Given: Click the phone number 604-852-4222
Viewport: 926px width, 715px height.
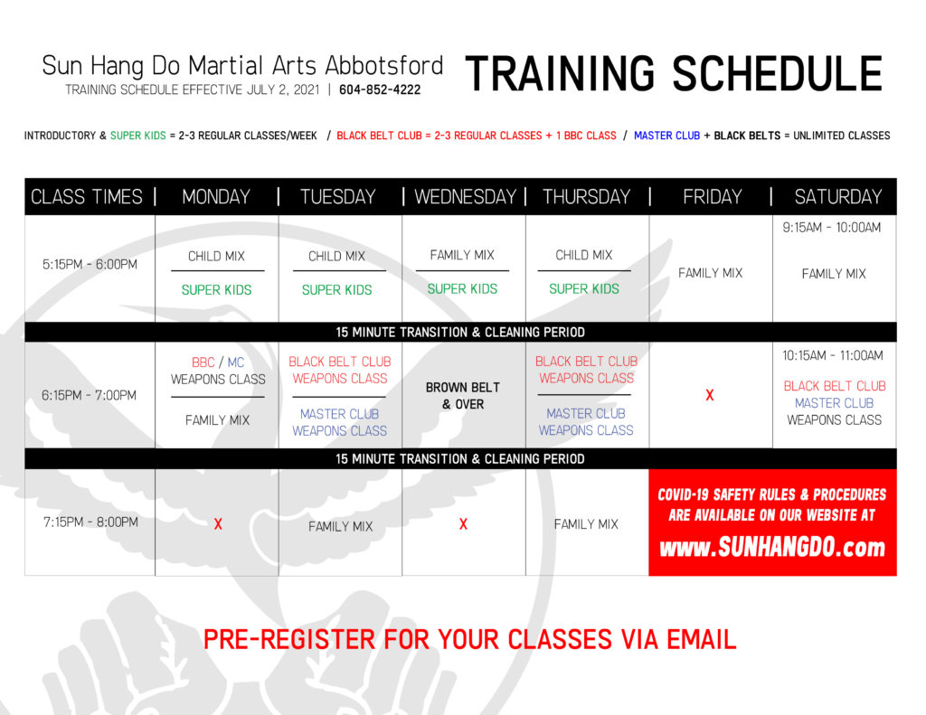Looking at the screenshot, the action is (x=380, y=89).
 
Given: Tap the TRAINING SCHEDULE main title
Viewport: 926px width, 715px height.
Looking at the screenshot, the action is (x=674, y=74).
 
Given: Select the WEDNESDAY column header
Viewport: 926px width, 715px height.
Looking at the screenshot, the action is (x=466, y=197).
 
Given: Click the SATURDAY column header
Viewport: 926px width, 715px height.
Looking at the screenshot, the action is (x=838, y=197).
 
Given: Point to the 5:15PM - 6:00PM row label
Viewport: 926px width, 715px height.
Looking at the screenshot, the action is (x=90, y=265).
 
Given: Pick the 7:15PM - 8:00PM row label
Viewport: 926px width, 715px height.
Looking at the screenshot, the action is (x=90, y=522).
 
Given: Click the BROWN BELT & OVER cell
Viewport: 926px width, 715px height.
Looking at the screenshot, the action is (x=463, y=396).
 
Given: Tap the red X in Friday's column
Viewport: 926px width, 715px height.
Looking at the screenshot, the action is (x=710, y=395).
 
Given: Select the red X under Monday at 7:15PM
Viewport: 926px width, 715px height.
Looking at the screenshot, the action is (x=218, y=523).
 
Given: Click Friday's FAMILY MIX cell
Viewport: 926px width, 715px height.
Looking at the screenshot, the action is (x=711, y=273).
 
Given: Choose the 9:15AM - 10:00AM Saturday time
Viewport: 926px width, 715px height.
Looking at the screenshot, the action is (x=832, y=227).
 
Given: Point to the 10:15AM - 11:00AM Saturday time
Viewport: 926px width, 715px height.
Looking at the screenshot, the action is (x=833, y=355).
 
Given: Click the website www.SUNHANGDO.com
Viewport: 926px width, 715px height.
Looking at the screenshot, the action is (x=772, y=547).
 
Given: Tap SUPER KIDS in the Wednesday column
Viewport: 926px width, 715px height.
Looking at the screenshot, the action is (x=462, y=288).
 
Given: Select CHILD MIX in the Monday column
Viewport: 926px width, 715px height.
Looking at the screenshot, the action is (x=216, y=256).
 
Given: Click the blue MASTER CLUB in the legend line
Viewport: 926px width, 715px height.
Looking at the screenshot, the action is (x=666, y=136).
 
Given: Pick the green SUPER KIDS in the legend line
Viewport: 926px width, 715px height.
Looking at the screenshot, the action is (x=138, y=136).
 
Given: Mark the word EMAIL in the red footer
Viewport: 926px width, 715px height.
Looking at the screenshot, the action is (x=702, y=639).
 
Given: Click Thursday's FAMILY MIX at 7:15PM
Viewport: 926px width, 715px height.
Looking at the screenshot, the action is (x=586, y=524).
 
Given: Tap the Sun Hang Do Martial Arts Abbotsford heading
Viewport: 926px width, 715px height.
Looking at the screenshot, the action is (x=242, y=66).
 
